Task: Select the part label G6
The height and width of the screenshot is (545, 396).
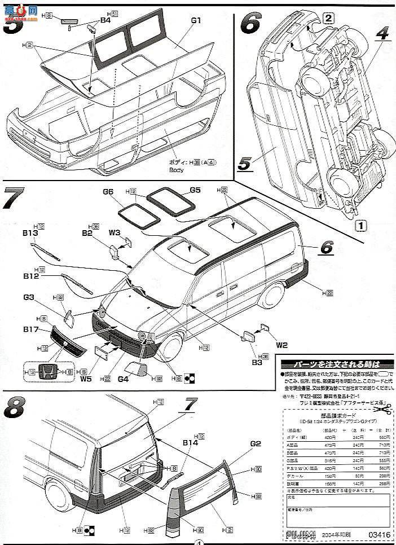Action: click(109, 192)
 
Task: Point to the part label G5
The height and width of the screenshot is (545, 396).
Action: click(195, 190)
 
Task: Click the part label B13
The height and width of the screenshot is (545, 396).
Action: click(31, 233)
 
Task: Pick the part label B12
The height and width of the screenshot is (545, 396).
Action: click(31, 276)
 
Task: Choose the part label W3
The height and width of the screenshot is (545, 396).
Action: click(115, 232)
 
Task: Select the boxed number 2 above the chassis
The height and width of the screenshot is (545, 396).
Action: click(329, 16)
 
